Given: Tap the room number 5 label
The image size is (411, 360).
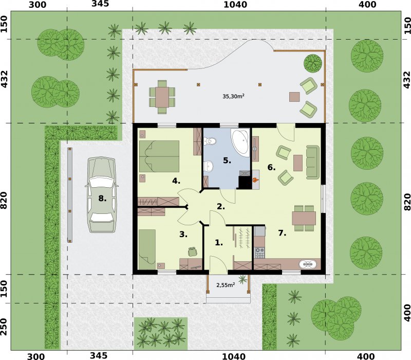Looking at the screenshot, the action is tap(227, 160).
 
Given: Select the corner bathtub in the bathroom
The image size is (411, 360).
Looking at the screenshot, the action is tap(240, 142).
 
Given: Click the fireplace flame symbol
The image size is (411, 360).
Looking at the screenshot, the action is tap(255, 179).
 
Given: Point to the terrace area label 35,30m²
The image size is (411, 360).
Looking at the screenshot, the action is tap(234, 96).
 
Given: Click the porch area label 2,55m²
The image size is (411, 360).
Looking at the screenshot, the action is tap(226, 285).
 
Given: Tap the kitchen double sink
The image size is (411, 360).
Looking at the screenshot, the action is tap(308, 264).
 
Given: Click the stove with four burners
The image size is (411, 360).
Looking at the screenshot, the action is tap(260, 253).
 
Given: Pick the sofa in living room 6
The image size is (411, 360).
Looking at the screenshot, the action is tap(313, 162).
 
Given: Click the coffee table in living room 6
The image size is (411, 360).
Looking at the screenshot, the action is tap(298, 163).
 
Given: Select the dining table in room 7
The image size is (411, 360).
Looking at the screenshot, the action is tap(304, 218).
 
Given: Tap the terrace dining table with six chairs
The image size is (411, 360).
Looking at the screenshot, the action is tap(162, 97).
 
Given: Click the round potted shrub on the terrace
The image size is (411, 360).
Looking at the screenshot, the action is tap(313, 63).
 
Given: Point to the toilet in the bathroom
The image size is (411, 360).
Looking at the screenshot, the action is tap(210, 141).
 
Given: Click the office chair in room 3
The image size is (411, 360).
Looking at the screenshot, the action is tap(193, 251).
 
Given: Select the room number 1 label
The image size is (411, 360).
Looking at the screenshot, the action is tap(219, 243).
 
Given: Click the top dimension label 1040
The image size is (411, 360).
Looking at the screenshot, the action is tap(235, 5).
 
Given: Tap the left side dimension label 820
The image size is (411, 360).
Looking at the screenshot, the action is tap(4, 201).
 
